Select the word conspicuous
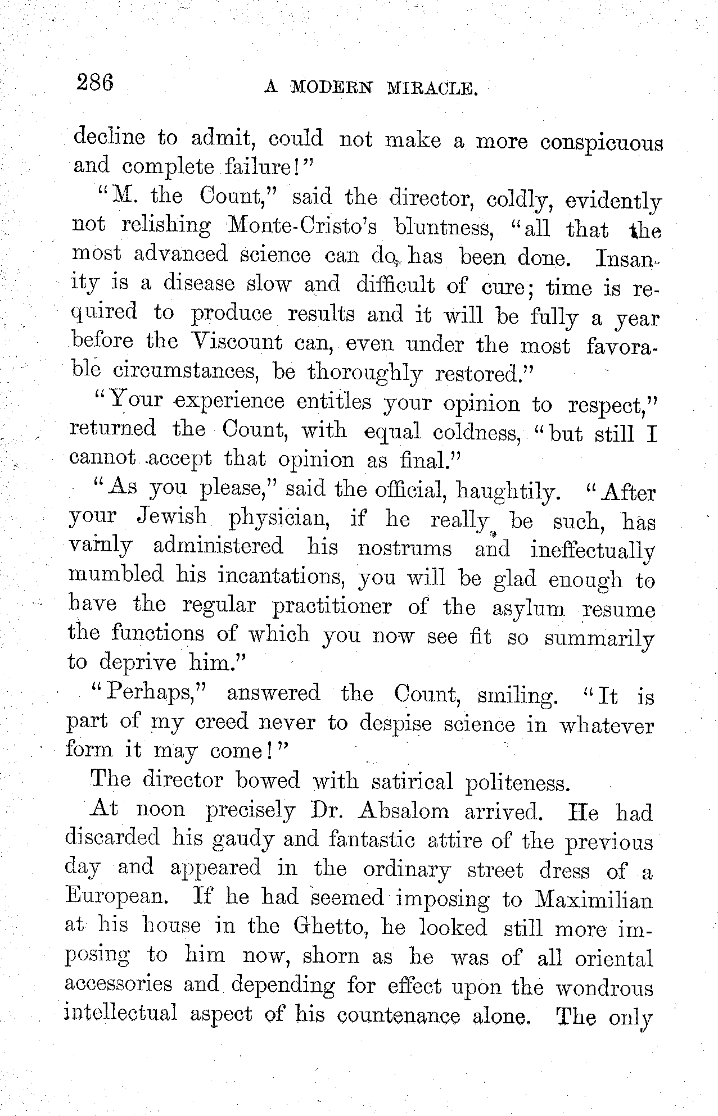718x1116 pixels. (601, 142)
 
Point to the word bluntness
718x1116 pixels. (427, 228)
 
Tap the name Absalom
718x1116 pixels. (403, 811)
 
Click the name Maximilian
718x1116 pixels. (593, 899)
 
